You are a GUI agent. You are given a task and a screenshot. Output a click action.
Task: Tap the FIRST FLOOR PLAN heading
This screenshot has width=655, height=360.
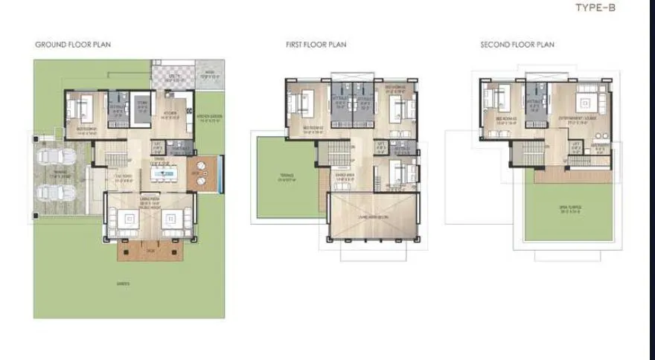[316, 45]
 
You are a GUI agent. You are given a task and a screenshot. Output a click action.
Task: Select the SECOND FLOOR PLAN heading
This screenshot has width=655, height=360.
[517, 45]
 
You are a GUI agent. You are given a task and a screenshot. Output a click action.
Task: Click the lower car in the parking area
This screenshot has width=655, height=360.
[57, 191]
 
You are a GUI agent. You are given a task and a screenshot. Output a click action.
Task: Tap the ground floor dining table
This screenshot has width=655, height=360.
[165, 175]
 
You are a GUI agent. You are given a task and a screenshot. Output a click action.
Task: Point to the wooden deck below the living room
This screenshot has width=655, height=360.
[151, 251]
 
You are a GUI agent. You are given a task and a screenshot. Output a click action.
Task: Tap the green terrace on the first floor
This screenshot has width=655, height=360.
[286, 179]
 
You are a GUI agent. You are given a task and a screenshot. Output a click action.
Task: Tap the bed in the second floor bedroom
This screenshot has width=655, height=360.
[494, 100]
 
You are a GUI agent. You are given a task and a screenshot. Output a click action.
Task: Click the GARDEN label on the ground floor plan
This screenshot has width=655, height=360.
[121, 283]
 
